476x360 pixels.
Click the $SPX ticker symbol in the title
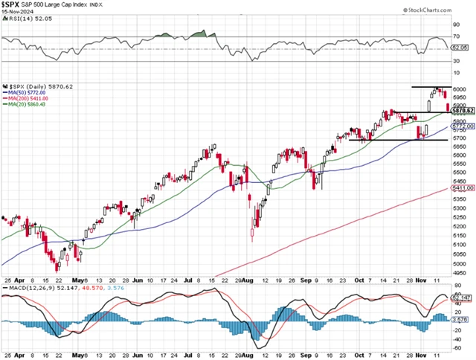[x=13, y=4]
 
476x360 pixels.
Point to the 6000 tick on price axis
[x=460, y=90]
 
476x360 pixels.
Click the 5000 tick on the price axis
[x=460, y=263]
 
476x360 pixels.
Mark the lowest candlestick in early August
[x=252, y=235]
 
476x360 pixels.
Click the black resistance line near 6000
[x=429, y=88]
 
